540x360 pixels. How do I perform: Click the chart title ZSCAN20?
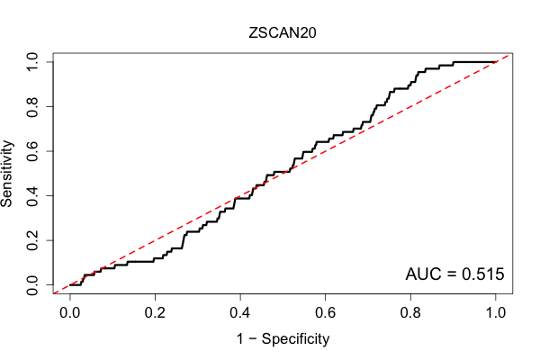point(283,33)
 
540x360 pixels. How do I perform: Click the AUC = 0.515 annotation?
point(454,274)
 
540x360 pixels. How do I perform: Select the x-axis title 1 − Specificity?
point(283,339)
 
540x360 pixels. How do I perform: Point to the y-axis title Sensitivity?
point(6,174)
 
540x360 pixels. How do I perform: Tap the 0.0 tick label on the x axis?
point(70,313)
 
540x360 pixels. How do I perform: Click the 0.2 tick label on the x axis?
point(155,313)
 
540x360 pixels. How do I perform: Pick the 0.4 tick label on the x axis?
point(240,313)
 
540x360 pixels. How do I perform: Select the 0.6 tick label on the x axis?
point(325,313)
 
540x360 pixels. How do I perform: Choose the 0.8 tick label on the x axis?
point(410,313)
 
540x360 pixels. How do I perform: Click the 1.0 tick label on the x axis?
point(496,313)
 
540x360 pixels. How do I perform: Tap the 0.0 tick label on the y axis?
point(32,285)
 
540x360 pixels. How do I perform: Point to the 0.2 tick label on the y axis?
point(32,240)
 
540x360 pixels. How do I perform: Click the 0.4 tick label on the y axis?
point(32,195)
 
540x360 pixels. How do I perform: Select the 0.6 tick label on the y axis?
point(32,151)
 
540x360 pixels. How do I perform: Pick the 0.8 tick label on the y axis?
point(32,106)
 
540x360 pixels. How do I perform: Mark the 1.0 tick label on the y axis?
point(32,62)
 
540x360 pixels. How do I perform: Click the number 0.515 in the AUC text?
point(482,274)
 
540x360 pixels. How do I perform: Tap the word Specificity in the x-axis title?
point(295,339)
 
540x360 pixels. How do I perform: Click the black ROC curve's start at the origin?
point(70,285)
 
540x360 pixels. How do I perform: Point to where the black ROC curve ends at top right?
point(496,62)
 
